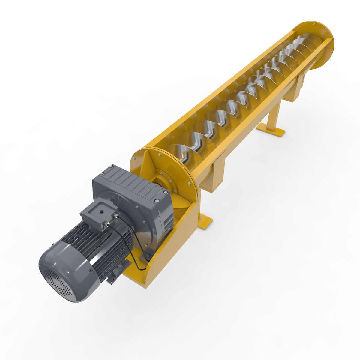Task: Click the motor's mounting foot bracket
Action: click(x=112, y=279)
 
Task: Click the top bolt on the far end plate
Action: click(x=314, y=24)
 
